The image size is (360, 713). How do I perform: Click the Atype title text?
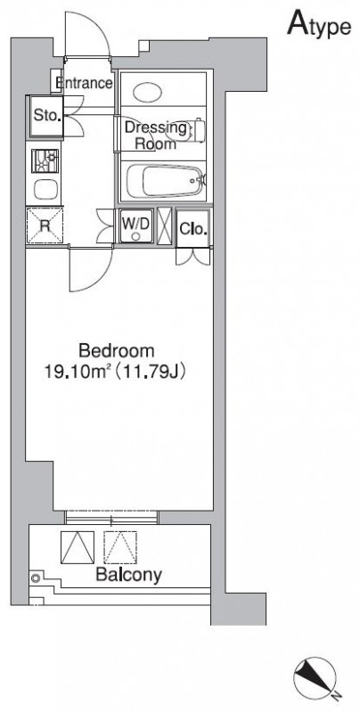(319, 25)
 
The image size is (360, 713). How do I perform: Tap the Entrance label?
(84, 83)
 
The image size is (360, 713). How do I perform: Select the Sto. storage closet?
(46, 116)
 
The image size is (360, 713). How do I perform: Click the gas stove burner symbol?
(45, 161)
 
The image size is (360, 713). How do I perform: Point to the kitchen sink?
(45, 190)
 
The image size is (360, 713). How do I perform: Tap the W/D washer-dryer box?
(136, 226)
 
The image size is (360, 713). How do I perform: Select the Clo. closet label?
(193, 229)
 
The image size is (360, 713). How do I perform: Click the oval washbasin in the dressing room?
(147, 93)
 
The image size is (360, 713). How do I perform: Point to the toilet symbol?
(185, 130)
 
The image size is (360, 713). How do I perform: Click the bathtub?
(165, 181)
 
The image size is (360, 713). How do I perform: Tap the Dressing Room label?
(156, 135)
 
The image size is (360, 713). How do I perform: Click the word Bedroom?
(117, 351)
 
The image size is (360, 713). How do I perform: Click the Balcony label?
(128, 575)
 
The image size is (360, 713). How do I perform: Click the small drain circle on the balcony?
(36, 578)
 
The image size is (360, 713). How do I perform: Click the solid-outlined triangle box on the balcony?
(78, 547)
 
